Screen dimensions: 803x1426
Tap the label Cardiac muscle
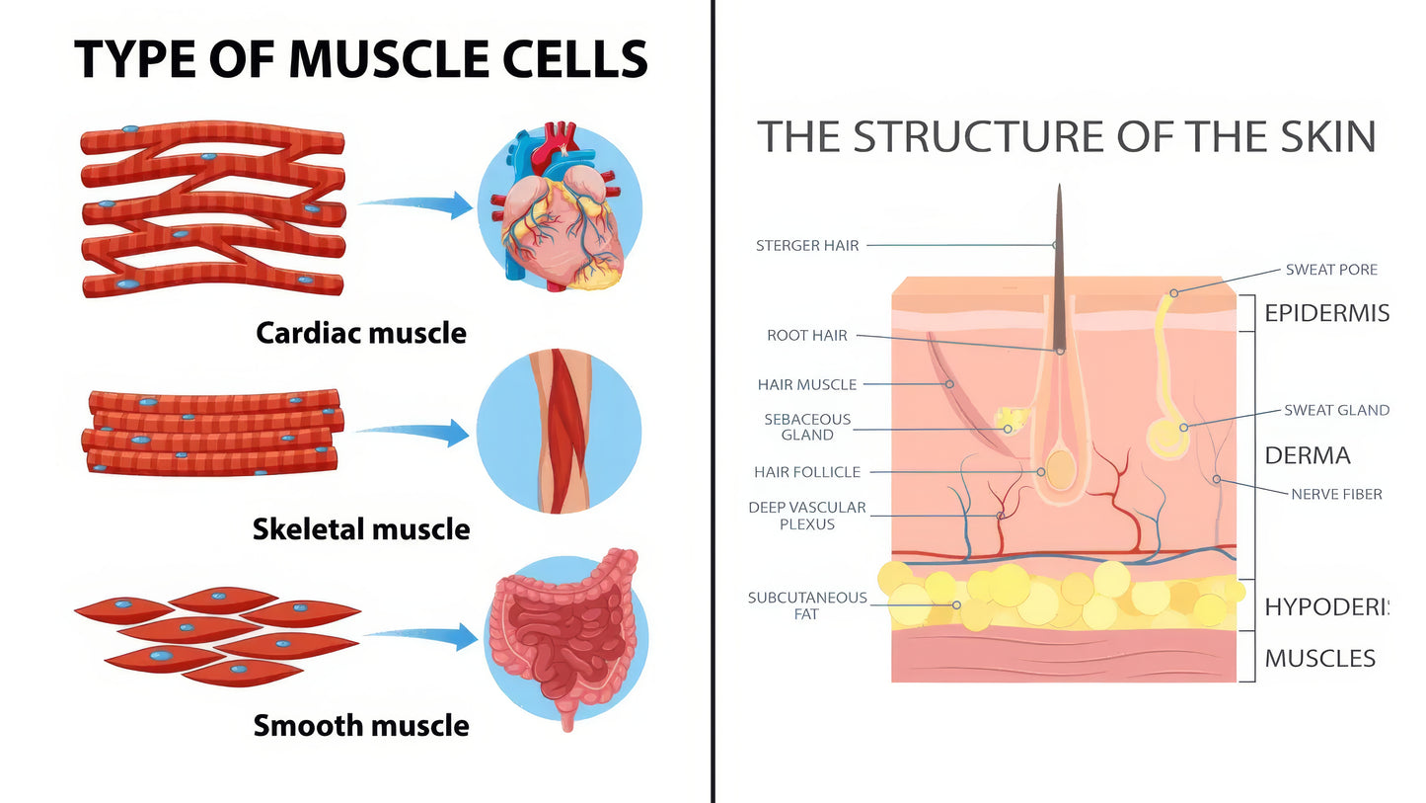[361, 333]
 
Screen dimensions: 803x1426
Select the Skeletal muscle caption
[361, 529]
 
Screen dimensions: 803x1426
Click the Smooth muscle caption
[361, 726]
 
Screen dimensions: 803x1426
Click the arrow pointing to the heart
[418, 204]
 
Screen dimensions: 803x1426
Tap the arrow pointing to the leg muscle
[414, 432]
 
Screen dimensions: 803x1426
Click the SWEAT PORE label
[1331, 270]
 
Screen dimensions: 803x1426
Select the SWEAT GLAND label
[1336, 410]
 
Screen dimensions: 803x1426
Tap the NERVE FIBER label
[1336, 494]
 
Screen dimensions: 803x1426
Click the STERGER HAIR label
[807, 245]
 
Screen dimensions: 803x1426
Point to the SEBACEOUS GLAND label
[807, 427]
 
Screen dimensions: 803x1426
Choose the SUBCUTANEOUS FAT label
[807, 605]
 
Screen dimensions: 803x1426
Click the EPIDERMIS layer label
[1326, 314]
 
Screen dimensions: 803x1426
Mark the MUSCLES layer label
[1319, 659]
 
